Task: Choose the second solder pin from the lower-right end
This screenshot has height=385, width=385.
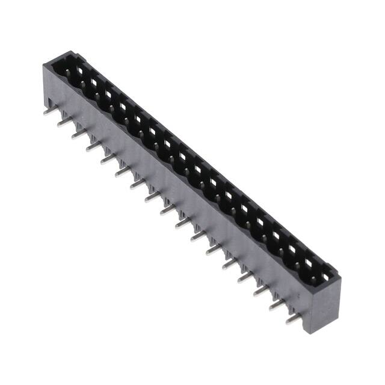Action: click(x=277, y=305)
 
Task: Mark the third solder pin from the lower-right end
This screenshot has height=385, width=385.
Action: click(x=261, y=291)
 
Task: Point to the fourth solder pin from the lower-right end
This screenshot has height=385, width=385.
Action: click(x=245, y=277)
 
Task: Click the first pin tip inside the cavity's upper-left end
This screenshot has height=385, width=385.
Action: click(x=67, y=73)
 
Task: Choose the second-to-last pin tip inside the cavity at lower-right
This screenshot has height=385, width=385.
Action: click(x=299, y=265)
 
